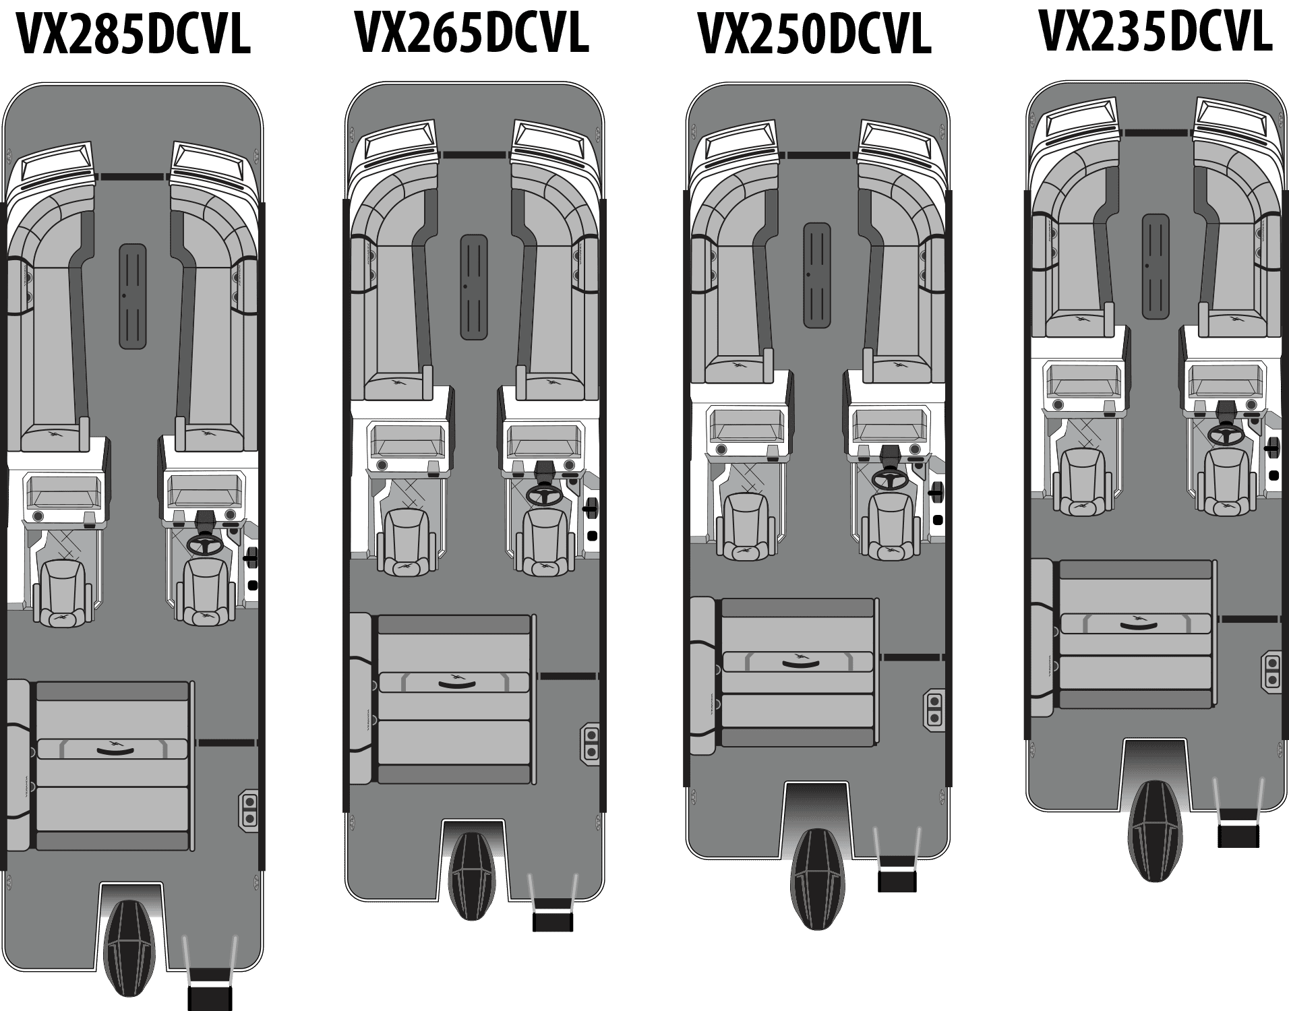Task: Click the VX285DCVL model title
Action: [132, 34]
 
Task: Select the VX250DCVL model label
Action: [814, 34]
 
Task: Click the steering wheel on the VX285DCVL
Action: [206, 544]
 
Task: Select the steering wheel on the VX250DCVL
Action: [889, 478]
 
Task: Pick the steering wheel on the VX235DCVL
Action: [1226, 433]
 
